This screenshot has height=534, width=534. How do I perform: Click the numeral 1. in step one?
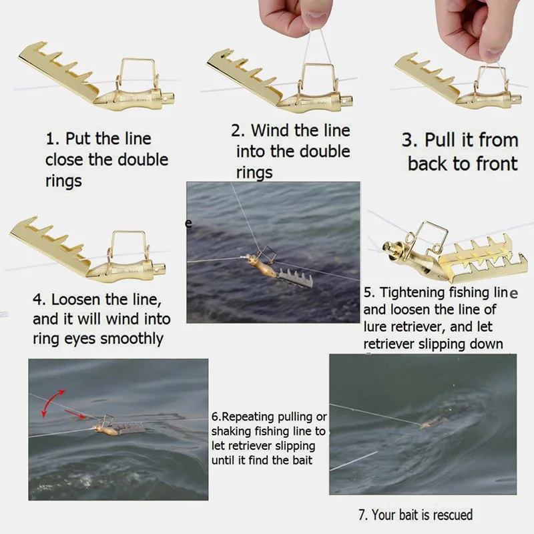click(x=53, y=139)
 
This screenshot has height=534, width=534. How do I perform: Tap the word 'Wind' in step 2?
click(x=270, y=130)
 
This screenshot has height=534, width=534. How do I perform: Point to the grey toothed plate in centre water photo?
click(x=296, y=278)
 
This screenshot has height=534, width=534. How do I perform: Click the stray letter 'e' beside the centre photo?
click(x=188, y=224)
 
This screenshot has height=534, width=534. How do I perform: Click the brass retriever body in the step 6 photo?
click(x=105, y=430)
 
